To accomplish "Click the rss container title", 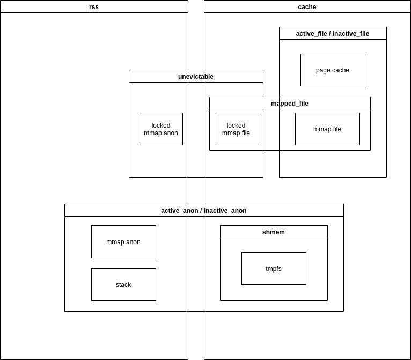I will tap(94, 7).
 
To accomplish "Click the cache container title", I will tap(307, 7).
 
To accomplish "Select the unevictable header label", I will tap(196, 77).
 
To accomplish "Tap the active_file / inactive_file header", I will tap(333, 34).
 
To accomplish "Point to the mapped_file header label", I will tap(290, 104).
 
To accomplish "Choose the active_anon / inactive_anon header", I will tap(204, 211).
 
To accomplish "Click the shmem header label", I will tap(274, 232).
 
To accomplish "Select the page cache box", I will tap(333, 70).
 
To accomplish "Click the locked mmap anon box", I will tap(161, 129).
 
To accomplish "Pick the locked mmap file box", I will tap(236, 129).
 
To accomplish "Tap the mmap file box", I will tap(327, 129).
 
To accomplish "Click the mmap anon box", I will tap(123, 242).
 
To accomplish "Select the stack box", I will tap(123, 285).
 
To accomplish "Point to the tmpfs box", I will tap(274, 269).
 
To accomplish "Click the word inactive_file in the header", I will tap(351, 34).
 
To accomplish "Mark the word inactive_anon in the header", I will tap(225, 211).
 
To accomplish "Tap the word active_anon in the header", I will tap(179, 211).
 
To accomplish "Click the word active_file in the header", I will tap(311, 34).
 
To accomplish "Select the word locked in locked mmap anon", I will tap(161, 126).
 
